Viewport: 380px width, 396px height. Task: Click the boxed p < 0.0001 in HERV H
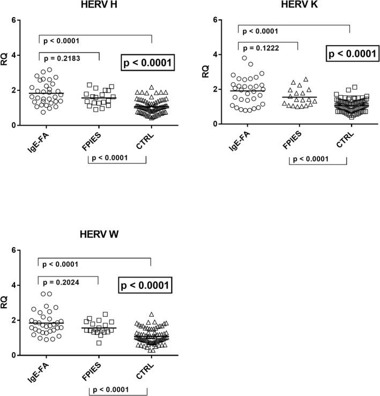146,63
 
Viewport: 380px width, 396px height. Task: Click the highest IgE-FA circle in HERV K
244,58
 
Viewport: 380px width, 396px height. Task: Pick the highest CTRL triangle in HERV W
151,315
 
